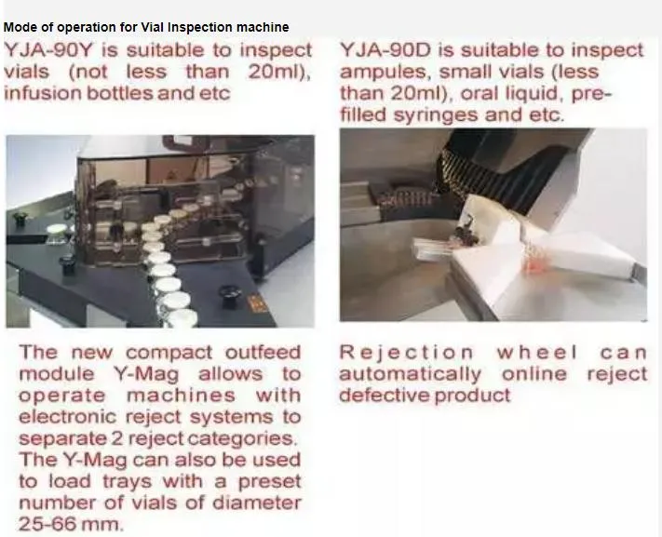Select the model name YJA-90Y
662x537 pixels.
pos(50,50)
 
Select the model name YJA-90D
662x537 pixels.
pos(385,50)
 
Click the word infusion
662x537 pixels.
pos(42,93)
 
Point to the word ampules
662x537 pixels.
pos(385,73)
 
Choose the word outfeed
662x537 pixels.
pos(263,352)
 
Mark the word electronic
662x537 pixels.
pos(66,417)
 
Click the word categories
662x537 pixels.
pos(240,439)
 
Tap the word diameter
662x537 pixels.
pos(256,503)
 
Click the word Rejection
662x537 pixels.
pos(406,353)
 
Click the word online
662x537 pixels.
pos(534,374)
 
